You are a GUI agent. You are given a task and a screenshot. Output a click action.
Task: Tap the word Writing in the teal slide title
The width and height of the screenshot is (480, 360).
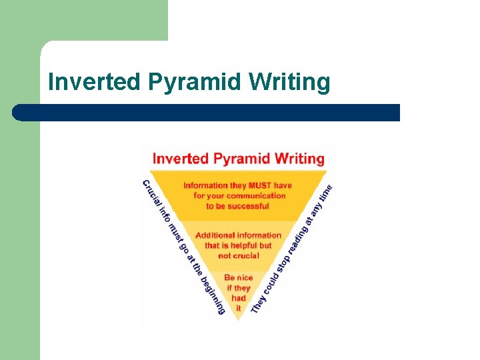289,82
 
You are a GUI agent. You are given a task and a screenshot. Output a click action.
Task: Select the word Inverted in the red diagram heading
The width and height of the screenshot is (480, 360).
181,159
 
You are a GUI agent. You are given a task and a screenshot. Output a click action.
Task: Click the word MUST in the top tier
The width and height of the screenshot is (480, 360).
259,185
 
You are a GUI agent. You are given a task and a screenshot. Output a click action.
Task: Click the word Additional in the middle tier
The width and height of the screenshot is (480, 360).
216,235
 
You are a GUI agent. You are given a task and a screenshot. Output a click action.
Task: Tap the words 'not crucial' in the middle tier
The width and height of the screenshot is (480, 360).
239,255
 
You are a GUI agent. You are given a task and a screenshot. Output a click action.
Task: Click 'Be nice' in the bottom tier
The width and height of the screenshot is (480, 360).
239,278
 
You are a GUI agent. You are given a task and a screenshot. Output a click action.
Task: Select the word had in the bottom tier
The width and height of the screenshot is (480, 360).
239,298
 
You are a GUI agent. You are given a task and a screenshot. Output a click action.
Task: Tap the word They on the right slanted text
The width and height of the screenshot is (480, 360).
258,303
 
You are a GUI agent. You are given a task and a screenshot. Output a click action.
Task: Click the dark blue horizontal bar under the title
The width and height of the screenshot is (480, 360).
207,112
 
